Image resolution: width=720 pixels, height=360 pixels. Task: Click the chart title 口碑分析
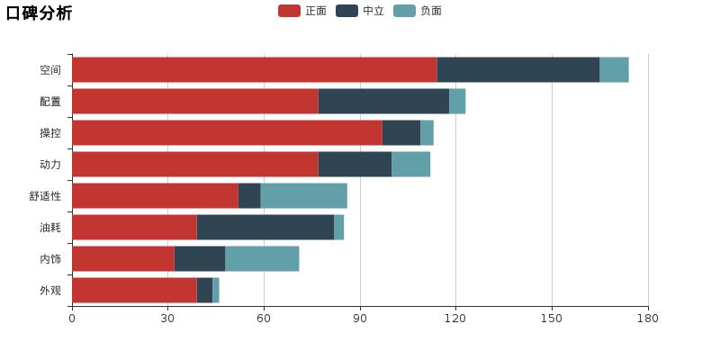[x=39, y=13]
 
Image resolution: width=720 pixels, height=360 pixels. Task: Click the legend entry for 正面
[x=302, y=11]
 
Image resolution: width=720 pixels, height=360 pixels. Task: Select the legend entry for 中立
[x=360, y=11]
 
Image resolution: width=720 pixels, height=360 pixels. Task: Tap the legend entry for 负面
[x=418, y=11]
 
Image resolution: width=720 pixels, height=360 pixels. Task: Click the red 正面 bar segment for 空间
[x=254, y=69]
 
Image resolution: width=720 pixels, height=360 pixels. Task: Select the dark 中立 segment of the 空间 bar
[x=517, y=69]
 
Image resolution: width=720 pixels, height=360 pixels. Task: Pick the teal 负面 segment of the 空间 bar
[x=614, y=69]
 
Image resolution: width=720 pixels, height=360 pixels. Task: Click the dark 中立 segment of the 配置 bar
[x=383, y=101]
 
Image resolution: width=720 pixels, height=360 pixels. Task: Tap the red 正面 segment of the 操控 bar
[x=227, y=132]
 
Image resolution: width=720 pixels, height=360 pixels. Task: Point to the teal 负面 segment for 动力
[x=410, y=164]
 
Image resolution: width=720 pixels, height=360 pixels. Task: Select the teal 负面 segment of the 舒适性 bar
[x=303, y=195]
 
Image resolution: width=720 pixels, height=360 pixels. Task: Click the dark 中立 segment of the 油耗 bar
[x=265, y=227]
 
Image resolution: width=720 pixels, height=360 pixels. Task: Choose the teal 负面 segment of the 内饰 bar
[x=262, y=258]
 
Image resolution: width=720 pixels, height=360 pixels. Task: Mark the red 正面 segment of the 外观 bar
[x=134, y=290]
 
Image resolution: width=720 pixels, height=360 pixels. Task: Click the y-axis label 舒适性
[x=45, y=196]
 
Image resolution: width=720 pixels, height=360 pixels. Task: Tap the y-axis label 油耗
[x=50, y=228]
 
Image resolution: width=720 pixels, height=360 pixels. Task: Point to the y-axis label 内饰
[x=50, y=259]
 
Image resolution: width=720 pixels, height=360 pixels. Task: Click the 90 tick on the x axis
[x=360, y=318]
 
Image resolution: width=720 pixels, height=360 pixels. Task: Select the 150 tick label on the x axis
[x=552, y=318]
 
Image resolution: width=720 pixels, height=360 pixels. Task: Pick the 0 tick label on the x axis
[x=72, y=318]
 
